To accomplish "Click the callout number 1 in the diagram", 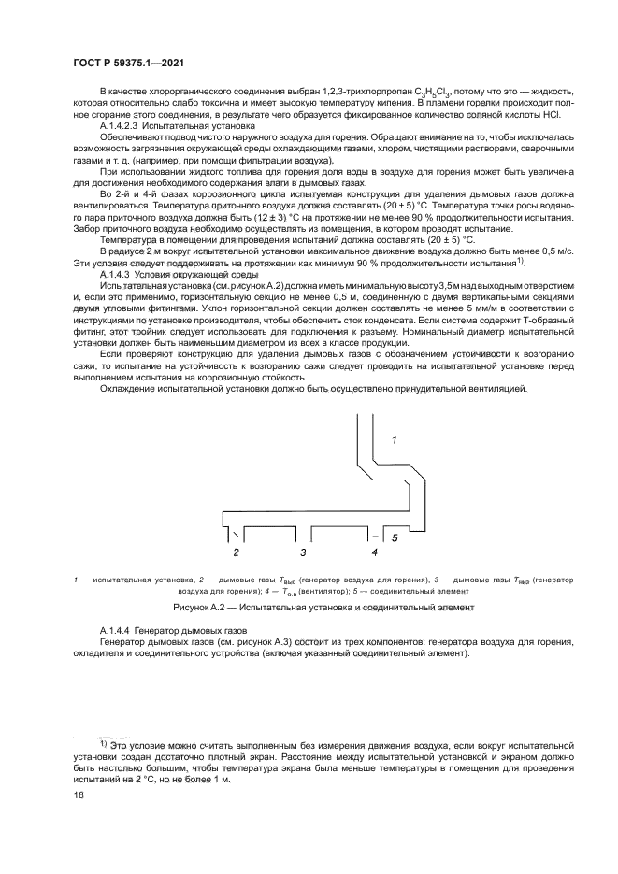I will [x=395, y=438].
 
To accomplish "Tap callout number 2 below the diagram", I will [x=236, y=552].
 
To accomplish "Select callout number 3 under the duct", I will [x=303, y=552].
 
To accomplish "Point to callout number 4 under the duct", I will [x=374, y=552].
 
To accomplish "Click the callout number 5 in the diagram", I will [x=395, y=537].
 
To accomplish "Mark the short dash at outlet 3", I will [x=303, y=537].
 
